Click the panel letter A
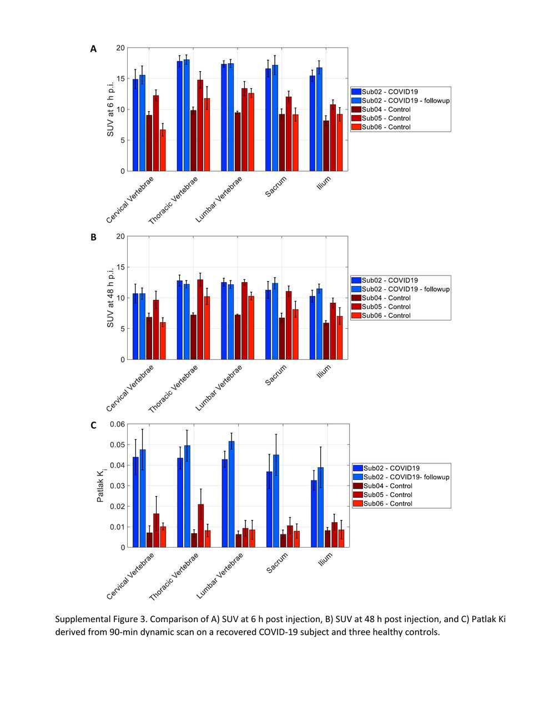click(x=93, y=49)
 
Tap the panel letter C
click(x=93, y=425)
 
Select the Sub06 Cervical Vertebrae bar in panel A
click(x=163, y=150)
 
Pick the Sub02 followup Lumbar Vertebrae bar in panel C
click(x=231, y=494)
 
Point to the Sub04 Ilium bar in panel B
click(x=326, y=341)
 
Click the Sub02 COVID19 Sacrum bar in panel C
click(x=269, y=509)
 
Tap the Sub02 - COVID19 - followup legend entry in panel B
click(x=401, y=289)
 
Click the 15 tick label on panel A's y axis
click(x=120, y=78)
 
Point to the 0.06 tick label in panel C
click(x=117, y=424)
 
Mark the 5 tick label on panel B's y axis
click(x=123, y=329)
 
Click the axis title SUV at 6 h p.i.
click(x=110, y=109)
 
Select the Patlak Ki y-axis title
click(x=100, y=486)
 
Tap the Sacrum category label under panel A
click(x=276, y=187)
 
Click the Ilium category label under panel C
click(x=325, y=559)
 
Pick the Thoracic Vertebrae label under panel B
click(x=173, y=389)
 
